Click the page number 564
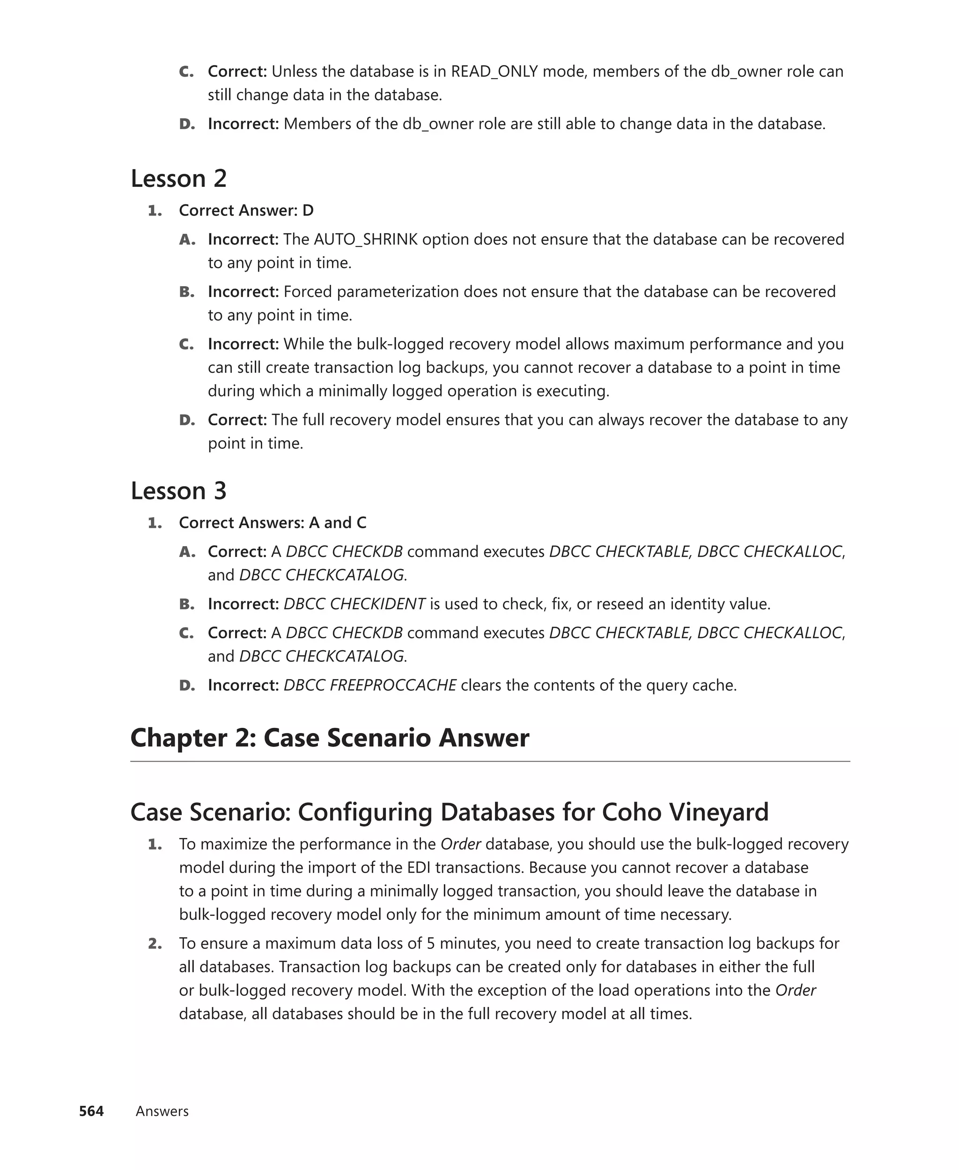click(91, 1111)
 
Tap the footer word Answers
click(162, 1111)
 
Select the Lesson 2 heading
click(178, 178)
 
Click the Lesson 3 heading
click(178, 490)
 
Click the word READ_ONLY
click(494, 71)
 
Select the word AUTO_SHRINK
click(366, 239)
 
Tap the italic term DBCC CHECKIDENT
click(354, 604)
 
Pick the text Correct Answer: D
click(246, 210)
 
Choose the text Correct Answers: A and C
click(273, 523)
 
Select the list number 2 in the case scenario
click(155, 943)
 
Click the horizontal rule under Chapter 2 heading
click(489, 761)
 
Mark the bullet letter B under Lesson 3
click(186, 604)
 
